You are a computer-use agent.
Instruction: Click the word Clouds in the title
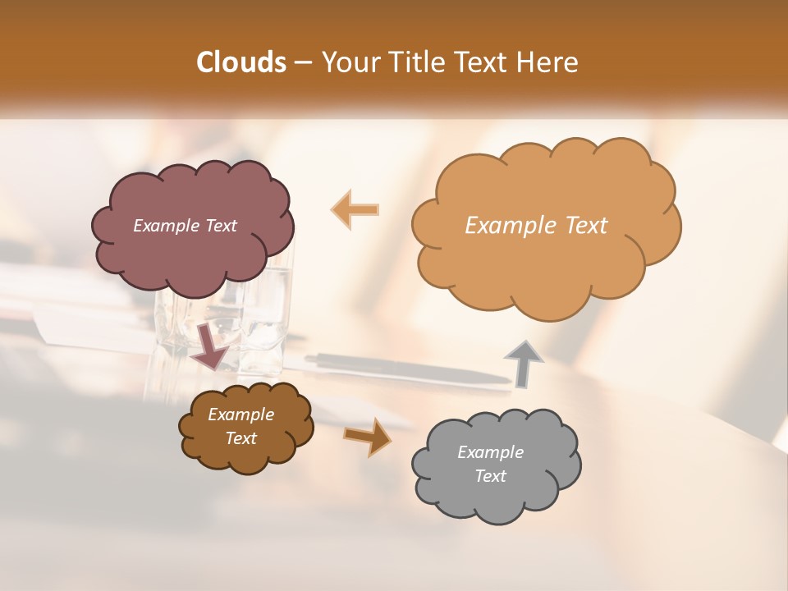tap(241, 62)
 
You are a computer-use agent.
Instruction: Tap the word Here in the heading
tap(549, 62)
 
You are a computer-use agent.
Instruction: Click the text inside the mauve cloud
tap(185, 226)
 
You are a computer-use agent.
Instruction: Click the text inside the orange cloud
tap(536, 226)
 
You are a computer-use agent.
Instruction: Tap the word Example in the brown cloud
tap(241, 415)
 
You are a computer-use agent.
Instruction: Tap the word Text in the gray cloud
tap(490, 476)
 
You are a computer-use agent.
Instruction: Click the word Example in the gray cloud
tap(490, 452)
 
